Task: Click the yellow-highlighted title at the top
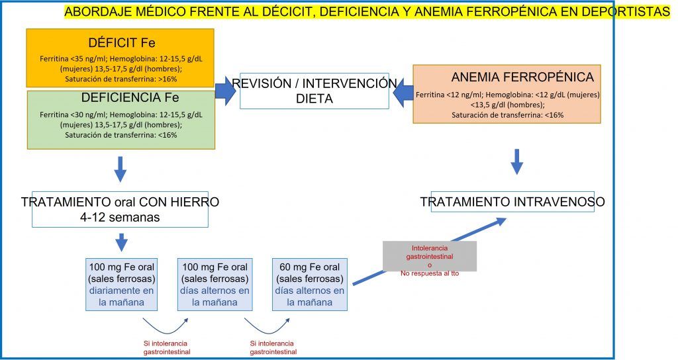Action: click(x=367, y=12)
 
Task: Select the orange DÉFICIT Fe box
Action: click(x=121, y=58)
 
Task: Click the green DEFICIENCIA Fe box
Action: click(x=121, y=120)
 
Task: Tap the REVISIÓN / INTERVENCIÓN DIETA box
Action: click(x=315, y=91)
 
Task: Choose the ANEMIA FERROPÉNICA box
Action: click(x=507, y=94)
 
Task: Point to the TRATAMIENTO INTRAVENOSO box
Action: click(x=513, y=202)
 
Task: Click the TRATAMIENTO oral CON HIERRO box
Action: click(x=121, y=209)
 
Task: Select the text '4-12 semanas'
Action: click(x=120, y=217)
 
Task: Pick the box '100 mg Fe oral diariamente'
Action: click(x=122, y=285)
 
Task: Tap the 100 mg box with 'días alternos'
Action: click(x=215, y=285)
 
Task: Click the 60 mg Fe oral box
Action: click(x=310, y=285)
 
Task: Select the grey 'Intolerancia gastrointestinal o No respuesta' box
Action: click(x=430, y=256)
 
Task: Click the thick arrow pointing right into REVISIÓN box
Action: click(x=225, y=91)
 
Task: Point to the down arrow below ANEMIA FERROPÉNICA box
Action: click(x=516, y=162)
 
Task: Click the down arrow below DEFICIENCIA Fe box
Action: click(x=121, y=169)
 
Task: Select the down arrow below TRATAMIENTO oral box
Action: click(x=122, y=242)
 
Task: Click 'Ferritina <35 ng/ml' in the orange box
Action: click(x=73, y=59)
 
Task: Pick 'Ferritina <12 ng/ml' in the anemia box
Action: click(x=450, y=95)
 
